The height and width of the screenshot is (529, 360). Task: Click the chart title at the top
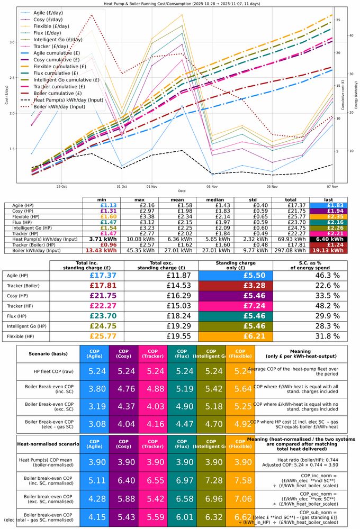pos(179,3)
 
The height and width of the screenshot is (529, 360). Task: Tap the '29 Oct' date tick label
pos(61,186)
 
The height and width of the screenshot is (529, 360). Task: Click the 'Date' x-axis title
pos(182,191)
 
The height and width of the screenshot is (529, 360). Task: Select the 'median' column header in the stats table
pos(209,199)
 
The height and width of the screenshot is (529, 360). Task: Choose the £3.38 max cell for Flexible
pos(140,216)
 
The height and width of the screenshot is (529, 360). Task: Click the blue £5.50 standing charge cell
pos(236,276)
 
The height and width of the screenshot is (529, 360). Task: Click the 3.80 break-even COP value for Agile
pos(94,394)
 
